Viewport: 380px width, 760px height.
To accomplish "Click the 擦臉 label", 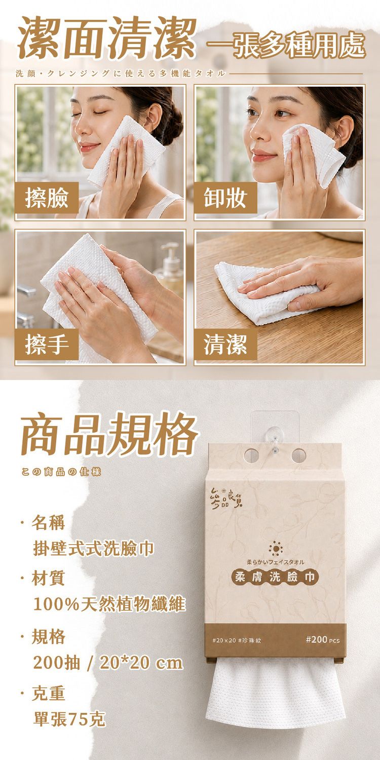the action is coord(47,198).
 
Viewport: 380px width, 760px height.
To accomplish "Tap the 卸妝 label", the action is coord(225,198).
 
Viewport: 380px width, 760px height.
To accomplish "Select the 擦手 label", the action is coord(47,345).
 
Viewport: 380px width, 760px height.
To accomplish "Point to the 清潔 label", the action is coord(225,345).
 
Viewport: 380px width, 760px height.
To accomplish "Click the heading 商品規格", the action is coord(109,433).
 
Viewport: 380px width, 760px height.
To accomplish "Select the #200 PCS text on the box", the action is coord(322,640).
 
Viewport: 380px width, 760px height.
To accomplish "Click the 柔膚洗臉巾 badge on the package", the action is coord(275,577).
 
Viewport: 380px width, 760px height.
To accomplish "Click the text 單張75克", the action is coord(69,719).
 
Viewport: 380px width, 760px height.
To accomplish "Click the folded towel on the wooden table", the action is coord(267,292).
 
